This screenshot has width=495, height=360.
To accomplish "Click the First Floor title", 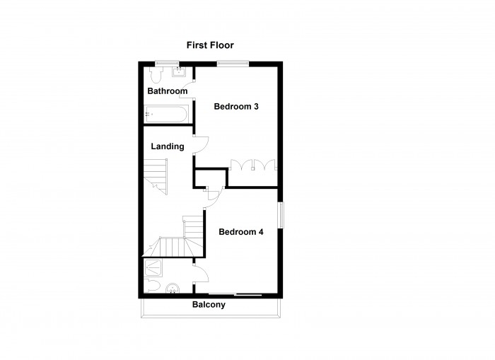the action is coord(210,45).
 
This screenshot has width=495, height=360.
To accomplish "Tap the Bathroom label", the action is coord(168,91).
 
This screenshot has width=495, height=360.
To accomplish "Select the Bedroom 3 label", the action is coord(236,106).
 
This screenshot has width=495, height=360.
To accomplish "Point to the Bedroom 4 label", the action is coord(241,232).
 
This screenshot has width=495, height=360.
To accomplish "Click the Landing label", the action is coord(168,146).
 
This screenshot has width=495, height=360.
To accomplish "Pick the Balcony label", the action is coord(209,305).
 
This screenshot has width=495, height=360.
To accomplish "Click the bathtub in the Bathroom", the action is coord(165,114).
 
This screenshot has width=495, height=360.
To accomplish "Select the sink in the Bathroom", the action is coord(179,71).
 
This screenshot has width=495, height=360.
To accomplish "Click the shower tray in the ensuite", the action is coord(153,268).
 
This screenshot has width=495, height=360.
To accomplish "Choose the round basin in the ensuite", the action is coord(173,289).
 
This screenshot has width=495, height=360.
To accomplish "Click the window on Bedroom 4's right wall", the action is coord(281,215).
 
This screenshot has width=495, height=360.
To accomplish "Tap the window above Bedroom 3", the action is coord(233,64).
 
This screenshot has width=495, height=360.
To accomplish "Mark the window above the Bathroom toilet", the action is coord(167,64).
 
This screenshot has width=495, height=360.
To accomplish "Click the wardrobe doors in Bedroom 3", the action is coord(253,165).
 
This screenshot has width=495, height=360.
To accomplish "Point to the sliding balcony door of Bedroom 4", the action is coord(235,295).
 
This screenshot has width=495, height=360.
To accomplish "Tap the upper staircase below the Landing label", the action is coord(156,176).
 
